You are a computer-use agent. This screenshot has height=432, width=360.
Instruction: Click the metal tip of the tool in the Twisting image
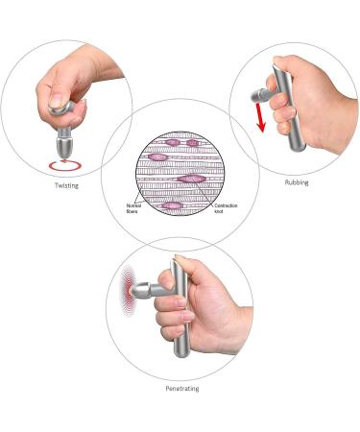tap(64, 146)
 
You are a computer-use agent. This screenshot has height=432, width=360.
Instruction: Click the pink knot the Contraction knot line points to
tap(196, 179)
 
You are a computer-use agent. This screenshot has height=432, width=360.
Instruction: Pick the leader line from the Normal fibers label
tap(149, 198)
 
